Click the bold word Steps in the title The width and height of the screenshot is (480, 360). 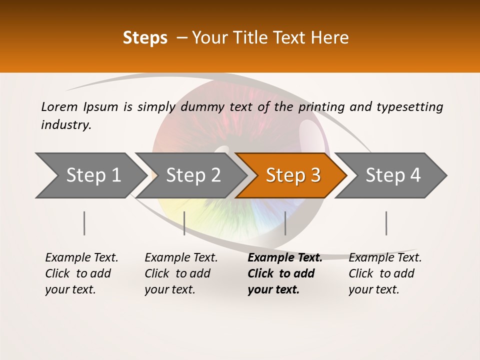(145, 38)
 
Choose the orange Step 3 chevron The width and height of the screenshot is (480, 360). (293, 175)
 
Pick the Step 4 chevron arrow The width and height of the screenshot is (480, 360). (393, 175)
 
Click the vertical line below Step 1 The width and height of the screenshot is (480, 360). (84, 223)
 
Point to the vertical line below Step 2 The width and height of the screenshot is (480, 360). (184, 223)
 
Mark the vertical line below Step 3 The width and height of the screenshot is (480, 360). (285, 223)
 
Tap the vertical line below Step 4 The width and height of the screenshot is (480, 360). (386, 223)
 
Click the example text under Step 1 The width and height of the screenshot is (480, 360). (81, 273)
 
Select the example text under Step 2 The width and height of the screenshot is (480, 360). (180, 273)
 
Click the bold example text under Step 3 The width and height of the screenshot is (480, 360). (284, 273)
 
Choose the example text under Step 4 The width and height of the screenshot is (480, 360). (384, 273)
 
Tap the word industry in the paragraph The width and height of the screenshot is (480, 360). (65, 124)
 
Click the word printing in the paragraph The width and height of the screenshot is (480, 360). (321, 106)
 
